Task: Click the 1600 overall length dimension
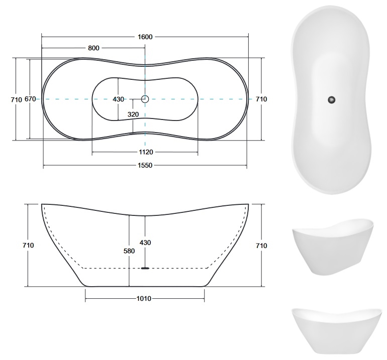[145, 37]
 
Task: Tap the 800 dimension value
[93, 48]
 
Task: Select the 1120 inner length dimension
[146, 152]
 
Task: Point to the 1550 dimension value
[145, 166]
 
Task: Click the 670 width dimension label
[30, 99]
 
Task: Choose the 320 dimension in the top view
[133, 114]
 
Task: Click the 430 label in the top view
[118, 99]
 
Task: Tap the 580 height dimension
[129, 251]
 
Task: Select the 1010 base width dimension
[144, 299]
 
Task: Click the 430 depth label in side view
[145, 243]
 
